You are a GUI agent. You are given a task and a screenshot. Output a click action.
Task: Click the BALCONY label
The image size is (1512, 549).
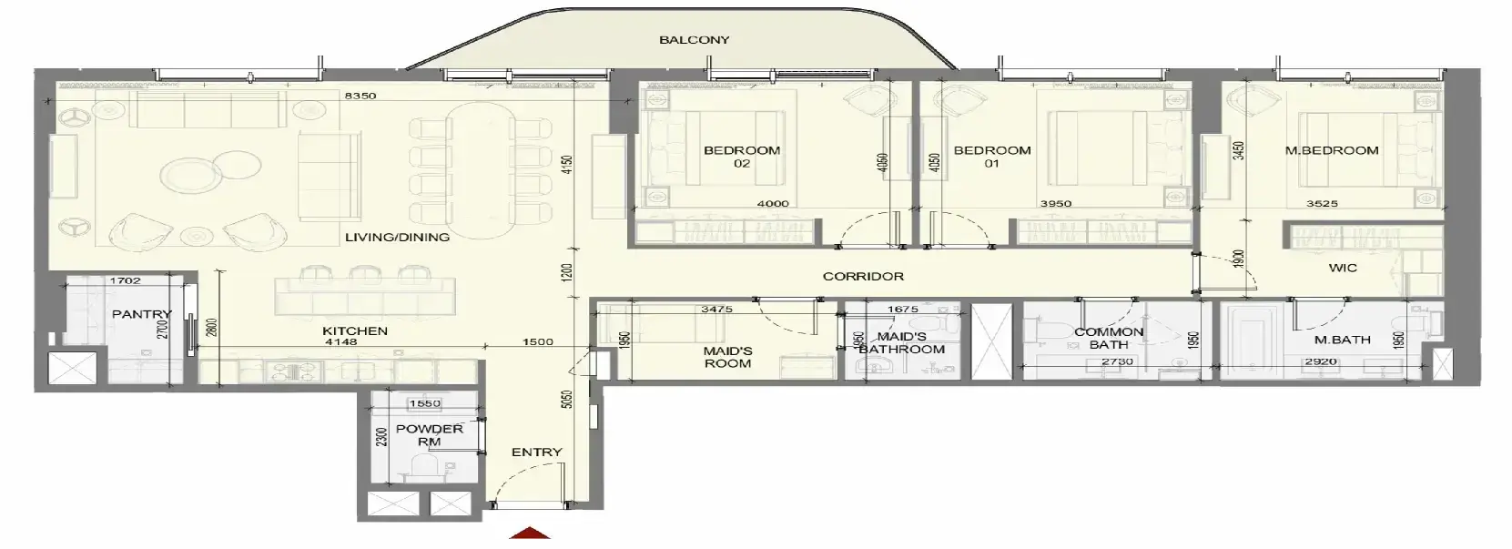point(694,40)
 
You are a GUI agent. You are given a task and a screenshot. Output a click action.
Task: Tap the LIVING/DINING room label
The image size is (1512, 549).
point(397,237)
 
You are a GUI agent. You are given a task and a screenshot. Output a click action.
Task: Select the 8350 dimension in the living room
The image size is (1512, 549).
point(360,96)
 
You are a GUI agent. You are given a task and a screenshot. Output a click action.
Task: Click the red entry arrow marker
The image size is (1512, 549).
point(530,533)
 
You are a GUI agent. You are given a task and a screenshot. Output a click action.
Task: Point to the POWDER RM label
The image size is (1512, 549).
point(430,435)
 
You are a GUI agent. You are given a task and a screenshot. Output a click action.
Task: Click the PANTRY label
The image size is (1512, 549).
point(142,314)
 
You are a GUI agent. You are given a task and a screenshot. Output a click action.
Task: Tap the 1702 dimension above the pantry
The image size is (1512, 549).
point(125,280)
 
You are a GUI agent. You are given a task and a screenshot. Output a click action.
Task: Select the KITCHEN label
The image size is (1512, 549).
point(354,330)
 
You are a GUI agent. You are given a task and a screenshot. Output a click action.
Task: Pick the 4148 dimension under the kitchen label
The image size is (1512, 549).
point(340,342)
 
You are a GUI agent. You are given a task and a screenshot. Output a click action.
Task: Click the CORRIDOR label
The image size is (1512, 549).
point(863,276)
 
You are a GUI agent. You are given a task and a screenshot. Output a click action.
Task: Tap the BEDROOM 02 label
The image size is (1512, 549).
point(742,157)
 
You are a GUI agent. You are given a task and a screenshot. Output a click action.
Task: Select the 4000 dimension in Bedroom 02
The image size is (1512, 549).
point(773,203)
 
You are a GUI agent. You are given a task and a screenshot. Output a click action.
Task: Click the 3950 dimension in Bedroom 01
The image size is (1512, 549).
point(1056,203)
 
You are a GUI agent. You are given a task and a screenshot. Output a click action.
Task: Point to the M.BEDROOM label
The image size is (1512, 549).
point(1332,150)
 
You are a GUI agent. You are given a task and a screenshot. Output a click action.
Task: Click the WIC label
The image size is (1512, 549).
point(1343,268)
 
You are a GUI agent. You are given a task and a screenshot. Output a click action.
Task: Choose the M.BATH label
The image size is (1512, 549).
point(1343,340)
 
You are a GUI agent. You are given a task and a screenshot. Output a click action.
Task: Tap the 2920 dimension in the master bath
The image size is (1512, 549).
point(1321,361)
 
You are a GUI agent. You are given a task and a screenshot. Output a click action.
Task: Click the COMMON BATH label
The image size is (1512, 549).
point(1109,339)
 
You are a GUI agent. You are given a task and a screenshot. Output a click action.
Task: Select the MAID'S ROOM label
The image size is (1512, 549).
point(727,357)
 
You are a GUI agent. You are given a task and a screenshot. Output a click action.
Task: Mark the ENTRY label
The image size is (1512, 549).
point(537,452)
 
